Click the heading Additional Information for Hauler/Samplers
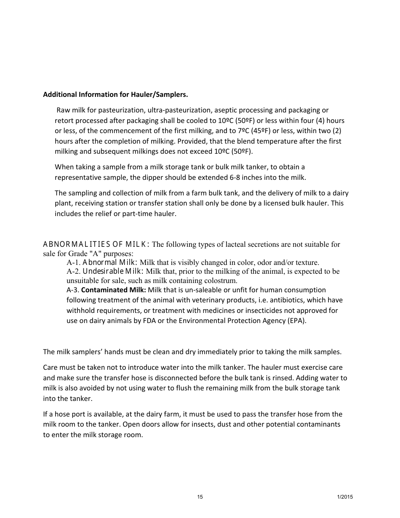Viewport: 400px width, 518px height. point(115,94)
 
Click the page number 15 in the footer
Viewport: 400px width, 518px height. point(200,497)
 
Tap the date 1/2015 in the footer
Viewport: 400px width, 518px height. point(345,497)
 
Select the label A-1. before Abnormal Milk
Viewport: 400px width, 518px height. point(74,262)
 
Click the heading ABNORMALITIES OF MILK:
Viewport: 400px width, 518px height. point(96,244)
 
